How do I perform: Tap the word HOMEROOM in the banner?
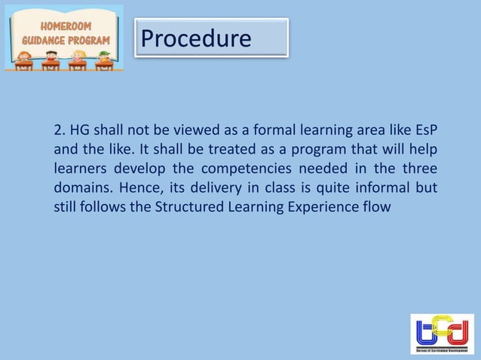click(x=64, y=23)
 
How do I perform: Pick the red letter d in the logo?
click(x=461, y=329)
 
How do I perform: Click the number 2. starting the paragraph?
click(x=59, y=126)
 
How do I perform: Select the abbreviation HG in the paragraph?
click(x=79, y=126)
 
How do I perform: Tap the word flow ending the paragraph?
click(x=377, y=204)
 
